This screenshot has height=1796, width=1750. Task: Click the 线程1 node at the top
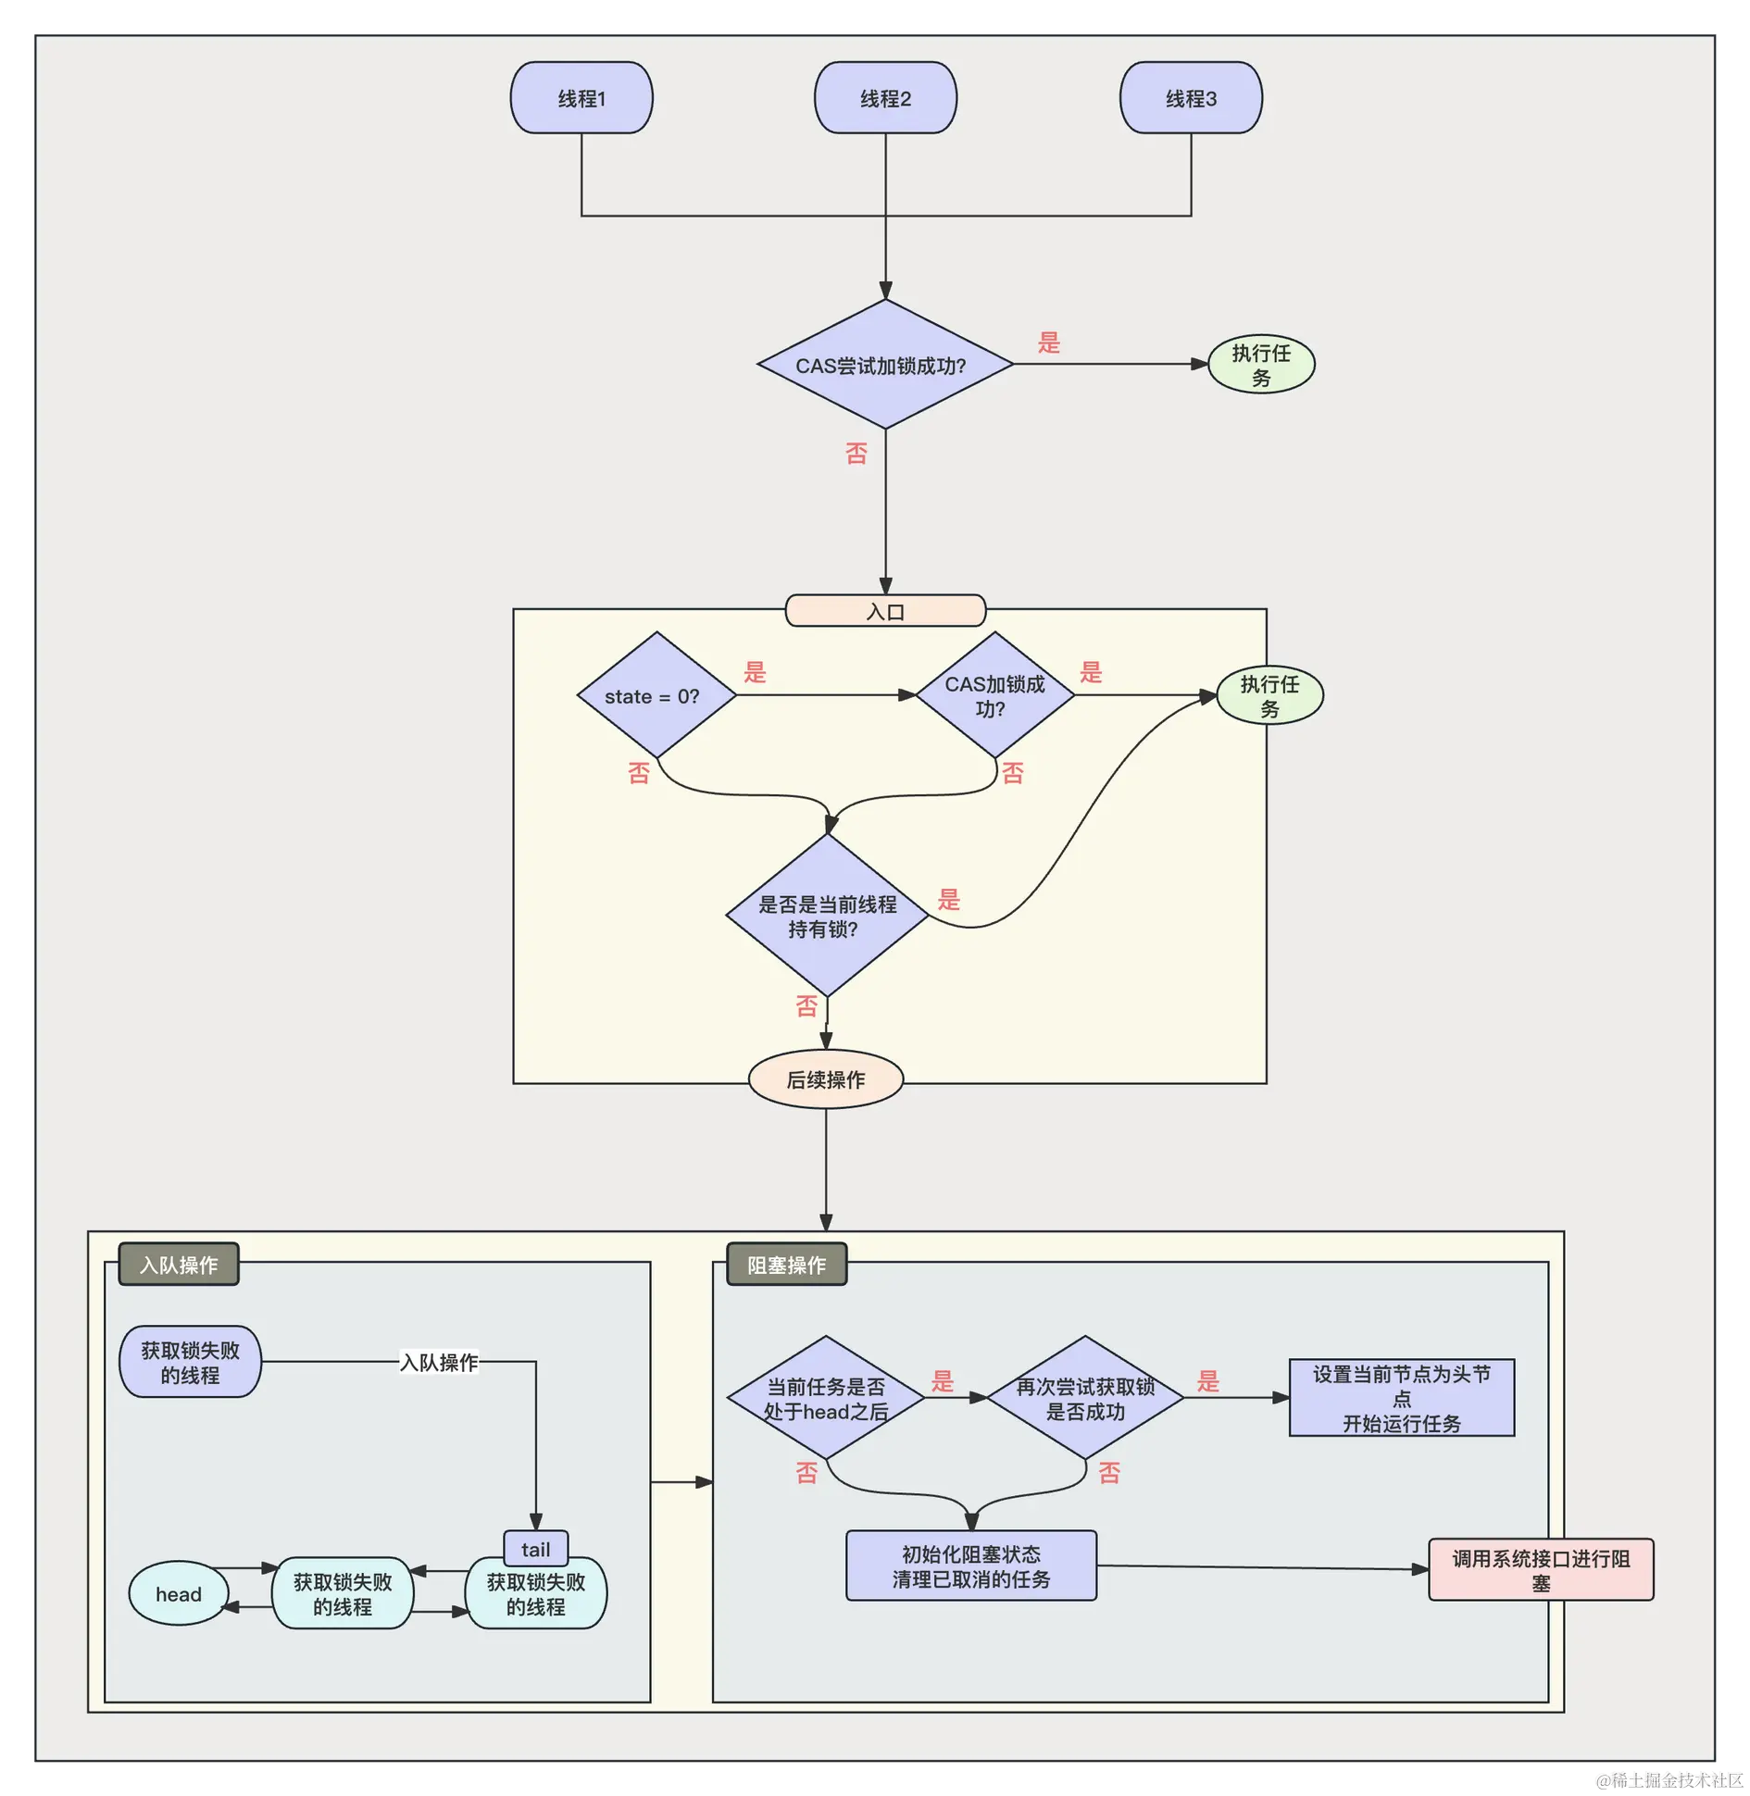click(581, 98)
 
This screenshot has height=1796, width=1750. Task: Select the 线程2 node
click(885, 98)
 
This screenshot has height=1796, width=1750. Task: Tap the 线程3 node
click(1191, 98)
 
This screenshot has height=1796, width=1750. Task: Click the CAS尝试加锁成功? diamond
click(884, 365)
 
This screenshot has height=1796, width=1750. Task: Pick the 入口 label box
click(885, 611)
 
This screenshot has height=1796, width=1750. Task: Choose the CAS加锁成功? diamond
click(994, 696)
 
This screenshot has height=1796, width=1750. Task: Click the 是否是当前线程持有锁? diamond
click(827, 916)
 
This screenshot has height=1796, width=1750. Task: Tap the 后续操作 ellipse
click(825, 1079)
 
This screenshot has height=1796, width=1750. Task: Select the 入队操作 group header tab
click(179, 1265)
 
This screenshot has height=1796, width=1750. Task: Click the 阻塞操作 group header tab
click(786, 1265)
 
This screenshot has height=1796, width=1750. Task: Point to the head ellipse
click(179, 1594)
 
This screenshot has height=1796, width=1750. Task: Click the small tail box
click(535, 1550)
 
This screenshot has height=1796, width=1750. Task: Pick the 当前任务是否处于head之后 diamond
click(825, 1398)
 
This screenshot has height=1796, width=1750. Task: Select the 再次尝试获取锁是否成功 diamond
click(1085, 1398)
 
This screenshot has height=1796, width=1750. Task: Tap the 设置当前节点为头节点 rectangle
click(1402, 1398)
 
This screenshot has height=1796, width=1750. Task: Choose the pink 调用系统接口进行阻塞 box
click(1541, 1570)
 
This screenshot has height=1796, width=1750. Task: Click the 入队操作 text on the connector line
click(439, 1363)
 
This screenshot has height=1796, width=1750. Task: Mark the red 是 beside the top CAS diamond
click(1048, 343)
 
